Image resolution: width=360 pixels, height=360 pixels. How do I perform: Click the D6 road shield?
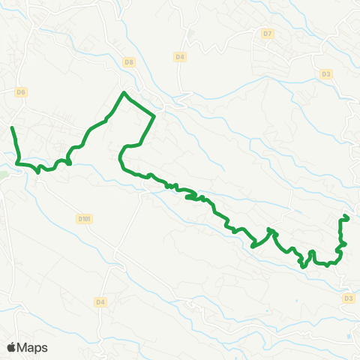(21, 92)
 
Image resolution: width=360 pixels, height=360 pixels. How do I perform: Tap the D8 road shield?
(129, 61)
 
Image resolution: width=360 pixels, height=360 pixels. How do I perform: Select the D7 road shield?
(268, 34)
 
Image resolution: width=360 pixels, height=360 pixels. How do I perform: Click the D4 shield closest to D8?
(179, 56)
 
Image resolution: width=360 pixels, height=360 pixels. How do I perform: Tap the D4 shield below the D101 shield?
(100, 301)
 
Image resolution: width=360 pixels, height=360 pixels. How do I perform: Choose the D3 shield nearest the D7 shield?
(325, 73)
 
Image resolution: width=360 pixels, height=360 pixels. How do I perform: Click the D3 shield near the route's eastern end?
(348, 298)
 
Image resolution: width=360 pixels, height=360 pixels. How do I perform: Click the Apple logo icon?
(12, 347)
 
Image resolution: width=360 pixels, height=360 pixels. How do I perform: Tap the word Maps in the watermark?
(32, 347)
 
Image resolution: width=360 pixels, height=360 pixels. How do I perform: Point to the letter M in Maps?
(23, 347)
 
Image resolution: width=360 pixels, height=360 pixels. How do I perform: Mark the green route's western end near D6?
(13, 129)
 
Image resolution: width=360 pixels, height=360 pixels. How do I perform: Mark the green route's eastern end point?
(348, 217)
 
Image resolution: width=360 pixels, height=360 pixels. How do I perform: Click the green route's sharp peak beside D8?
(124, 93)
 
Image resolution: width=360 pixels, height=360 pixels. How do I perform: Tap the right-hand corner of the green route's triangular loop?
(154, 115)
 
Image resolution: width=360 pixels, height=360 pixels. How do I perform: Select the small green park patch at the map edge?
(3, 173)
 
